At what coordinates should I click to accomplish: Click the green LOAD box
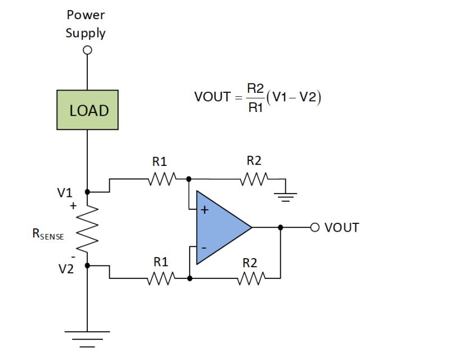[88, 110]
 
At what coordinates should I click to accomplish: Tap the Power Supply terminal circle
[87, 50]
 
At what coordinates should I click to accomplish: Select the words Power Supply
[85, 24]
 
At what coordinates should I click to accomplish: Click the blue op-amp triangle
[220, 227]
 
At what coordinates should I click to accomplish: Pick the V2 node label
[66, 269]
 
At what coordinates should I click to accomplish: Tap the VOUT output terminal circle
[314, 227]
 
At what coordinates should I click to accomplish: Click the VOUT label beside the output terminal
[341, 227]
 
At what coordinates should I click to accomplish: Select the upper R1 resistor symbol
[163, 179]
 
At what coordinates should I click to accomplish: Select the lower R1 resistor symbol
[163, 278]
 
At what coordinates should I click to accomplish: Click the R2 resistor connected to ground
[255, 179]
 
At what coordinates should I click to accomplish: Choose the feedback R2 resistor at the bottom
[250, 278]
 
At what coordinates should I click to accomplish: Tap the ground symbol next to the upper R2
[286, 196]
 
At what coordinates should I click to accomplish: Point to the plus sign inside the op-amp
[205, 211]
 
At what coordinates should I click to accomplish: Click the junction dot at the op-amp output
[280, 227]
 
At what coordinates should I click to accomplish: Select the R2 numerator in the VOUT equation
[256, 87]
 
